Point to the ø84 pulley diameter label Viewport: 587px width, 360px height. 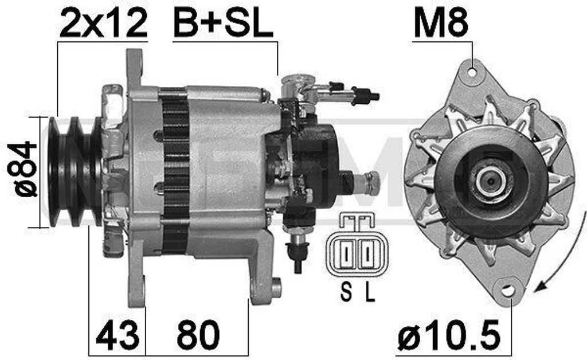tap(22, 169)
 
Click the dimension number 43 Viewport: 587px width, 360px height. tap(118, 334)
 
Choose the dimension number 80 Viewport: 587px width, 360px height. tap(198, 334)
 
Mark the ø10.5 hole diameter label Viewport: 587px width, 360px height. tap(449, 334)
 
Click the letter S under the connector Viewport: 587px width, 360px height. tap(346, 292)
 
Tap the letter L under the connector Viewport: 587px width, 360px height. tap(370, 292)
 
